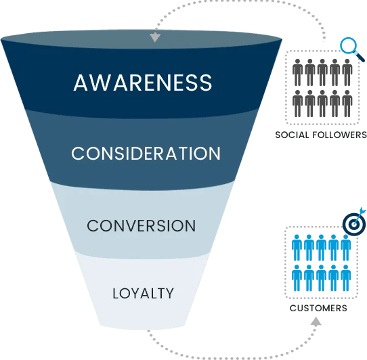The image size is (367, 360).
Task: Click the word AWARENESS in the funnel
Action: coord(143,83)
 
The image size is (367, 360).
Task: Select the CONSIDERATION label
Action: coord(146,154)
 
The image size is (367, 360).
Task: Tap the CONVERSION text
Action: coord(142,225)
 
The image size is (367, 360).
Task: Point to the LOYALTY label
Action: coord(143,294)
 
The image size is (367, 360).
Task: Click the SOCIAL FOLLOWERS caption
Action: coord(320,135)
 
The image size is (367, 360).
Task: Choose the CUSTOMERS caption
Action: coord(318,309)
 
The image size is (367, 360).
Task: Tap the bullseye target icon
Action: coord(354,223)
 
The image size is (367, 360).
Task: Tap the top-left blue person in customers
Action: coord(297,247)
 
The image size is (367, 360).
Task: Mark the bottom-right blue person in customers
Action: coord(345,278)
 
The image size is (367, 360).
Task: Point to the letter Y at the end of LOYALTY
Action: coord(169,294)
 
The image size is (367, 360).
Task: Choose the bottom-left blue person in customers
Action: coord(297,278)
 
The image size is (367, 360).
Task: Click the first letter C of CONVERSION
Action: coord(93,225)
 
